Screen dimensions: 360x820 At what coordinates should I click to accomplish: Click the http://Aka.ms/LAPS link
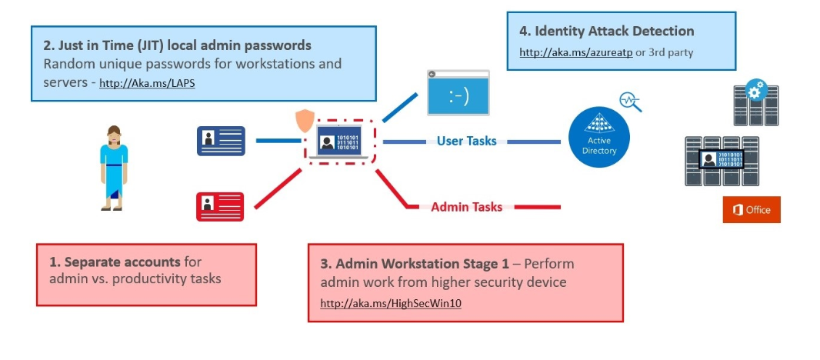tap(147, 83)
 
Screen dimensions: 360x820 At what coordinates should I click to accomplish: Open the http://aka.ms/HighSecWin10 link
tap(391, 303)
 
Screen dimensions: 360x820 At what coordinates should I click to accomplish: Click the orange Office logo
tap(751, 210)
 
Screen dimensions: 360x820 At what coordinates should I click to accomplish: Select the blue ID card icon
tap(221, 141)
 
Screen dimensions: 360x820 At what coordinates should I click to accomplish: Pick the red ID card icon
tap(220, 206)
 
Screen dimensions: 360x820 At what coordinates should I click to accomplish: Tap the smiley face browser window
tap(458, 94)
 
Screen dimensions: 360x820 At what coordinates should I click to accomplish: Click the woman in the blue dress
tap(113, 167)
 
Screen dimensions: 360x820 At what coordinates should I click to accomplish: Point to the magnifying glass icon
tap(629, 102)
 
